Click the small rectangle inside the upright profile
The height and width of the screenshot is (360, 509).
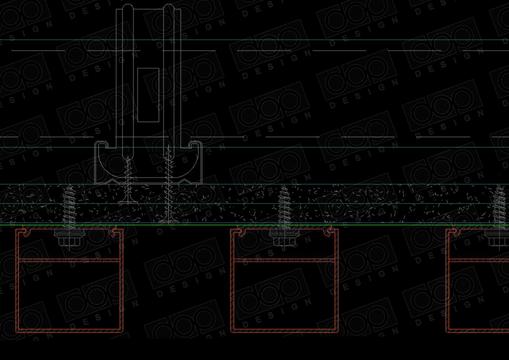tap(148, 95)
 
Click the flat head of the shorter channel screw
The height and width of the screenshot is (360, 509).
tap(128, 202)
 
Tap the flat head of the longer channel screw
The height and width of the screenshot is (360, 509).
tap(168, 221)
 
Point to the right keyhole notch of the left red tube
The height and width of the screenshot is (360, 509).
tap(113, 232)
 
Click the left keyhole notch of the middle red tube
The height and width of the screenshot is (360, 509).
tap(241, 232)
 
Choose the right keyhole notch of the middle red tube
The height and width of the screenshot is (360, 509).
tap(328, 232)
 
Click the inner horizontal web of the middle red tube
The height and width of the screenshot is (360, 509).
tap(284, 260)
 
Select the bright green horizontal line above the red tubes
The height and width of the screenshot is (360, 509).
tap(254, 224)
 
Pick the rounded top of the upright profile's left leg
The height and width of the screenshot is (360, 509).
tap(128, 7)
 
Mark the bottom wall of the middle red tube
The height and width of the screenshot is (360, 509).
tap(284, 331)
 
